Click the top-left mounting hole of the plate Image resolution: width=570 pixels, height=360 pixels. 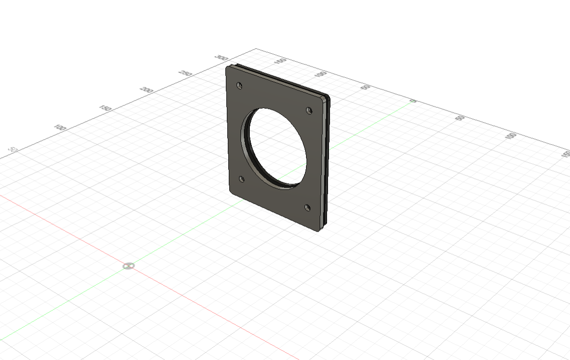coord(239,85)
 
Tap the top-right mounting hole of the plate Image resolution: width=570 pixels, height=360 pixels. coord(309,110)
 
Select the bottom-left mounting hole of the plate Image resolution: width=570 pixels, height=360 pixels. coord(241,179)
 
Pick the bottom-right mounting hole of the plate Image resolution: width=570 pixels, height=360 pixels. coord(307,208)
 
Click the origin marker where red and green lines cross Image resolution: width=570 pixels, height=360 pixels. coord(129,266)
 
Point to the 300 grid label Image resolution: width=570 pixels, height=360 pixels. coord(221,58)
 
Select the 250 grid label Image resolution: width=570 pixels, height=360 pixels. coord(185,74)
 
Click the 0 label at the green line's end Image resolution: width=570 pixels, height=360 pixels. coord(413,101)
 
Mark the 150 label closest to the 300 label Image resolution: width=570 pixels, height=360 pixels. coord(281,62)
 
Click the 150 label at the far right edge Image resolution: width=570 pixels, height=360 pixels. coord(566,154)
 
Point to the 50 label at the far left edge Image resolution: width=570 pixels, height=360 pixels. coord(14,149)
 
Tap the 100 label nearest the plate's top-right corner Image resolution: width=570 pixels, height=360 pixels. coord(321,74)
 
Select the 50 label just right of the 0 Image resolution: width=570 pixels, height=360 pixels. coord(460,118)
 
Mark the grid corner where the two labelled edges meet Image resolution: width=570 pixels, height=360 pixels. coord(257,49)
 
